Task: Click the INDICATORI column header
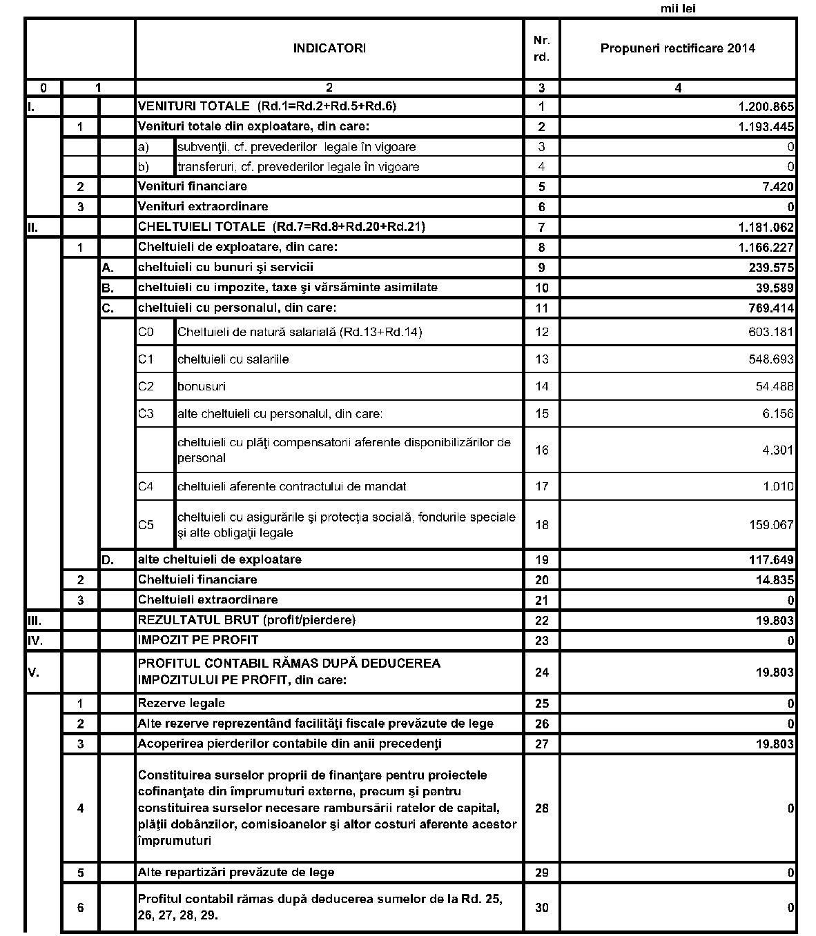(329, 48)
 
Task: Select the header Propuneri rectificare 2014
(677, 48)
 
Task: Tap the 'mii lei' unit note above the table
(679, 9)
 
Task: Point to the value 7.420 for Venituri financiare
(776, 187)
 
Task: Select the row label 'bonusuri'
(202, 386)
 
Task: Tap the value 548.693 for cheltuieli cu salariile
(771, 359)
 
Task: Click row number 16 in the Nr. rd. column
(542, 450)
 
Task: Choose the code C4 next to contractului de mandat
(146, 486)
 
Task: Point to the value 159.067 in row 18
(771, 525)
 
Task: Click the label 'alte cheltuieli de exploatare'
(220, 559)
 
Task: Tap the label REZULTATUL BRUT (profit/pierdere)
(246, 620)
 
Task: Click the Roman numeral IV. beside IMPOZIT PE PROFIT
(35, 640)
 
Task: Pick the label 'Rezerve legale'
(181, 704)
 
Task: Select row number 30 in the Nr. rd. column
(542, 908)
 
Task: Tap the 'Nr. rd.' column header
(542, 48)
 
